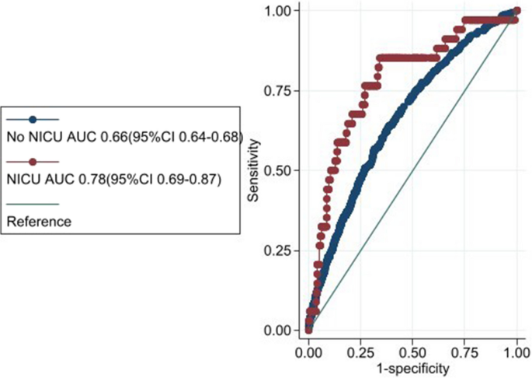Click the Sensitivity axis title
(x=254, y=170)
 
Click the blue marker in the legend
(x=32, y=120)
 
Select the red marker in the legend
(x=32, y=162)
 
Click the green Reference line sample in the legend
(x=32, y=204)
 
